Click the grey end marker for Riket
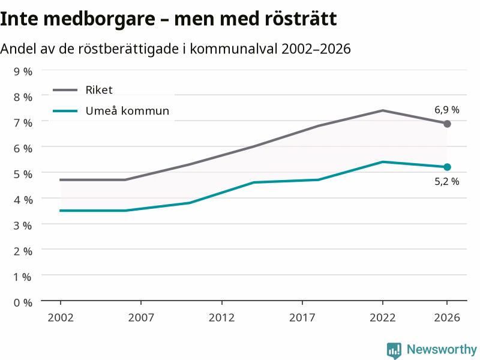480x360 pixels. (447, 124)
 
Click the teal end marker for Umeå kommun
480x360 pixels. (447, 167)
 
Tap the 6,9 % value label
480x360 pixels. (446, 110)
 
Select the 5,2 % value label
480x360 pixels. (446, 182)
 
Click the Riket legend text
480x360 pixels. (99, 90)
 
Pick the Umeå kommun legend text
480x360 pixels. (127, 110)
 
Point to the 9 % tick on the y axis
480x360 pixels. (23, 71)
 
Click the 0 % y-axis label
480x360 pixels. (23, 303)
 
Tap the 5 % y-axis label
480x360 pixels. (23, 174)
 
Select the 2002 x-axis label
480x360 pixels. (61, 317)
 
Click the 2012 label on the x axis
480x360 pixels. (221, 317)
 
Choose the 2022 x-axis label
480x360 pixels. (383, 317)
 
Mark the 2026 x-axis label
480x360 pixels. (447, 317)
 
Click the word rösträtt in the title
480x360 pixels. (301, 19)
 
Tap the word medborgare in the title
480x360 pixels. (99, 20)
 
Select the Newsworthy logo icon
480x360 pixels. (394, 350)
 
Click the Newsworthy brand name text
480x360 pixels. (442, 349)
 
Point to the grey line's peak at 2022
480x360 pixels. (383, 110)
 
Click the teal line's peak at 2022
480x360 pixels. (383, 161)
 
